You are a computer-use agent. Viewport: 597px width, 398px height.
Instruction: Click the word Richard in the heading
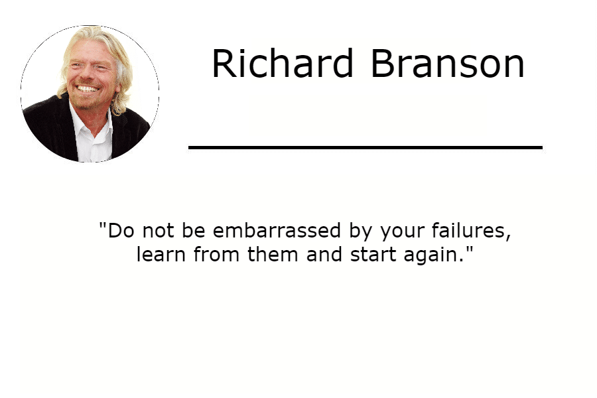click(283, 63)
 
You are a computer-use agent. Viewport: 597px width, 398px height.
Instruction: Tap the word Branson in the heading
click(448, 63)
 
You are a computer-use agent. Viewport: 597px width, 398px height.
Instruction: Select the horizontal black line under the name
click(365, 147)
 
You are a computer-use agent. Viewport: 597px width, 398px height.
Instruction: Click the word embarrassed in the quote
click(277, 231)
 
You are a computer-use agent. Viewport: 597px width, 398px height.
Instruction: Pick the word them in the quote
click(273, 254)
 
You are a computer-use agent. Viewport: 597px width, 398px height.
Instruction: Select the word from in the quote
click(217, 254)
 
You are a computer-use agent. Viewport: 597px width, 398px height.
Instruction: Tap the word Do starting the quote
click(121, 231)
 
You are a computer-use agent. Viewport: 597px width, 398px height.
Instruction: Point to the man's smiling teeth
click(88, 89)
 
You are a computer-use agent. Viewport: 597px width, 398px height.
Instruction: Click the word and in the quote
click(324, 254)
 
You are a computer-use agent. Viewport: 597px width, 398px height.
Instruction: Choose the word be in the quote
click(194, 231)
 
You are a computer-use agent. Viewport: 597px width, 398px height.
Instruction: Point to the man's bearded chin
click(88, 101)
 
